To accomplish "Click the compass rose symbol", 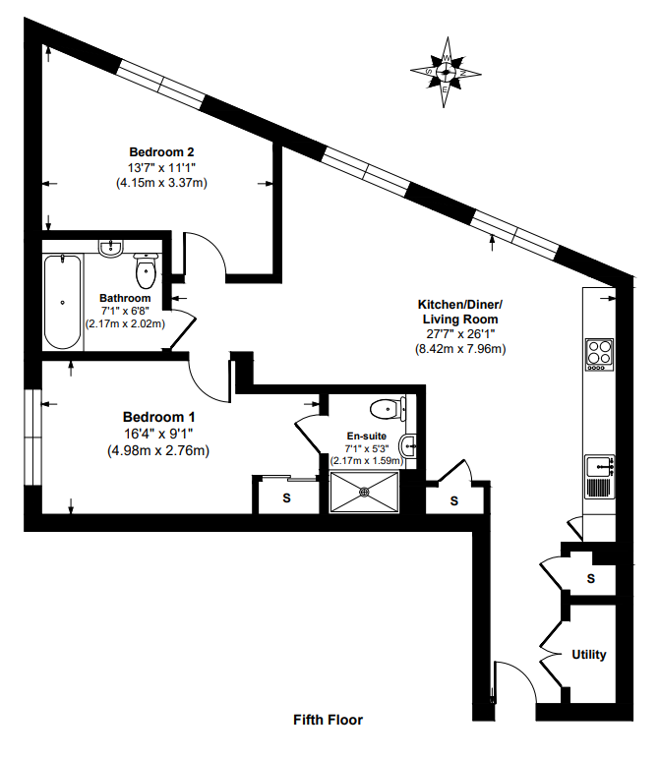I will pos(446,71).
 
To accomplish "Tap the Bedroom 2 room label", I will pos(161,151).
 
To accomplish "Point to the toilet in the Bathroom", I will pos(145,266).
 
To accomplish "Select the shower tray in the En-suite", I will pos(364,491).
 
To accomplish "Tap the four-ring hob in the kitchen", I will pos(598,352).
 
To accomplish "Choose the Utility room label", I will pos(589,655).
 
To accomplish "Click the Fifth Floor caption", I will pos(329,720).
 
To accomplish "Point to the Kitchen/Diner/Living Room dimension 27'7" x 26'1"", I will pos(460,333).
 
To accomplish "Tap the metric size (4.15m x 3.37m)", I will pos(161,183).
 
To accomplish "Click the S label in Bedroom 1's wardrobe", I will pos(287,498).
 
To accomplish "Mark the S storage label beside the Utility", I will pos(590,579).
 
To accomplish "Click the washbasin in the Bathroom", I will pos(110,249).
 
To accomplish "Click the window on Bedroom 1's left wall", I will pos(32,438).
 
